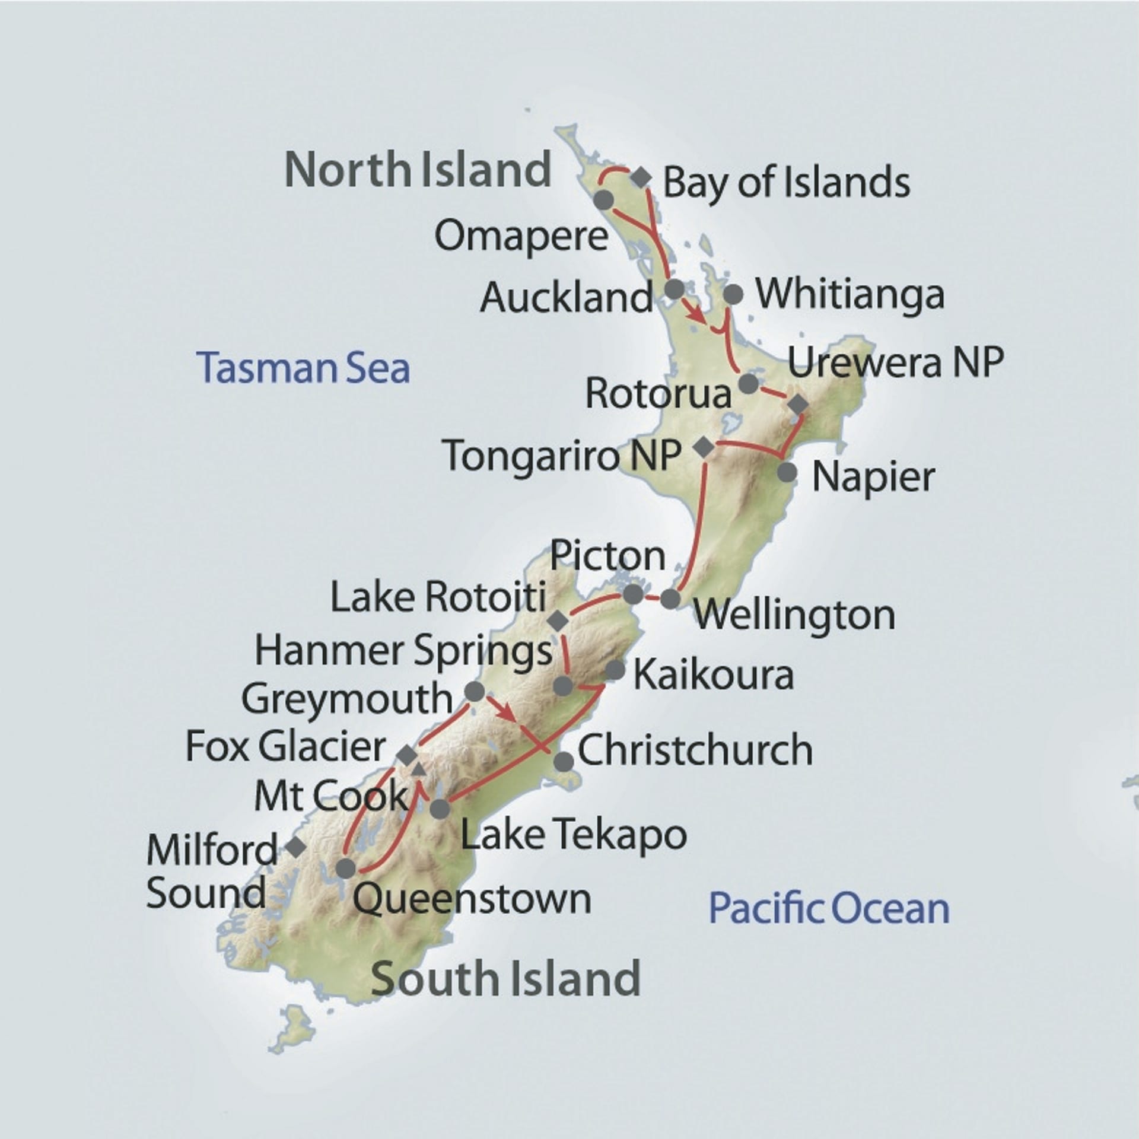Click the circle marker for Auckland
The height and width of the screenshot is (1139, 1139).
675,289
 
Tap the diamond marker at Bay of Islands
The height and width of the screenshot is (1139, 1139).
641,177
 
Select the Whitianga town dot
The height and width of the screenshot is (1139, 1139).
734,294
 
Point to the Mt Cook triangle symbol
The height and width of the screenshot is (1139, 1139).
418,769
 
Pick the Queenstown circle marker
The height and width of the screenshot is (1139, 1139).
345,868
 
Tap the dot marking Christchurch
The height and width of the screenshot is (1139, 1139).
564,762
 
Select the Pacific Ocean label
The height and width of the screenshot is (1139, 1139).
829,908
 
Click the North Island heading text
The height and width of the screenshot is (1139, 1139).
418,170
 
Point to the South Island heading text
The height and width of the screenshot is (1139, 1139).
505,978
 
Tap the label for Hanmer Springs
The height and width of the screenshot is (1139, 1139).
403,651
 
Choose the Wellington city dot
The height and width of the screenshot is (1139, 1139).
670,599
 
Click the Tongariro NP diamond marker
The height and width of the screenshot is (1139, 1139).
704,447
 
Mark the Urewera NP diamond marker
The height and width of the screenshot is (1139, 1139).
797,404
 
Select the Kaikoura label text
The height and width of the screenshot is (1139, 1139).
714,676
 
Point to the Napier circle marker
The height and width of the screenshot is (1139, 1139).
787,472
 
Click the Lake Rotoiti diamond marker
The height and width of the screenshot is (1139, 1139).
558,622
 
